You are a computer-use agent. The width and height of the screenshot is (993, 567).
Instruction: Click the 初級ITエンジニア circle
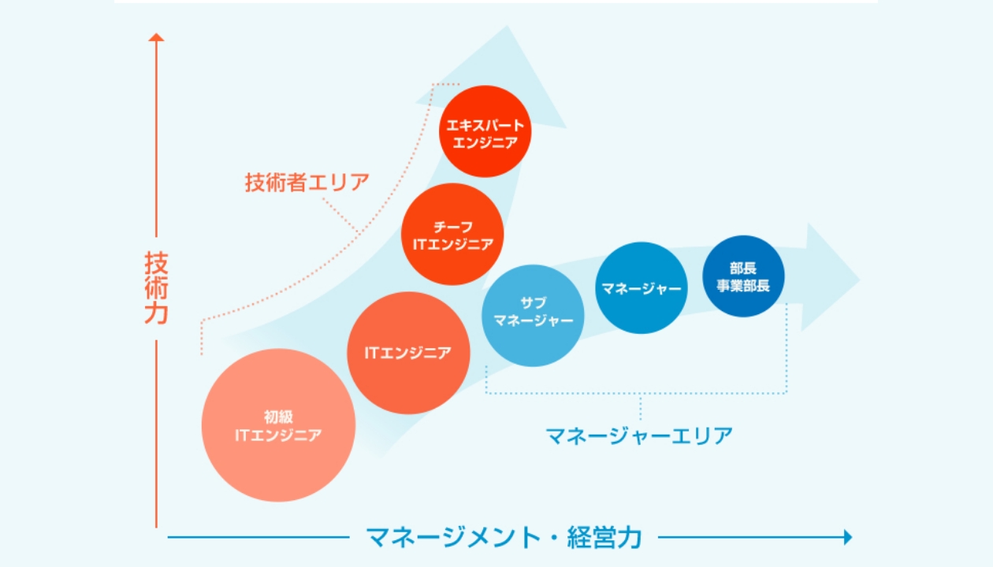pos(278,425)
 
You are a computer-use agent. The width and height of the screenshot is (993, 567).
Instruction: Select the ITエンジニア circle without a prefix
pos(408,353)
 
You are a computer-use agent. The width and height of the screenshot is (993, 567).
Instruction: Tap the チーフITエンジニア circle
pos(452,234)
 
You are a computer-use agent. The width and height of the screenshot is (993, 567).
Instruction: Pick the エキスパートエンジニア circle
pos(485,132)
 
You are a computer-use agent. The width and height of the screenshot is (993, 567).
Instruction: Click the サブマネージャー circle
pos(533,315)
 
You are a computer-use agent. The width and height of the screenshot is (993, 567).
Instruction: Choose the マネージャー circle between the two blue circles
pos(642,287)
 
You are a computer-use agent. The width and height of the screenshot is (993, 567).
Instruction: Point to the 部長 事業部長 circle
pos(743,276)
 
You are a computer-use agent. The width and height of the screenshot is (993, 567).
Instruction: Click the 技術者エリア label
pos(307,183)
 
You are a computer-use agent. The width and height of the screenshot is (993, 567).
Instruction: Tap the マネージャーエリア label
pos(639,435)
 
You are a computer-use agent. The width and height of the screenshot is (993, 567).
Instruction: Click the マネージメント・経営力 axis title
pos(504,537)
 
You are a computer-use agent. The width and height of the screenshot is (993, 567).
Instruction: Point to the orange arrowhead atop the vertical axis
pos(157,36)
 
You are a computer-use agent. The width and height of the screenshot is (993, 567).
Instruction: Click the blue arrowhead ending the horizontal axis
pos(848,537)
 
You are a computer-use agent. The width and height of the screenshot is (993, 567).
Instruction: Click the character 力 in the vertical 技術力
pos(157,313)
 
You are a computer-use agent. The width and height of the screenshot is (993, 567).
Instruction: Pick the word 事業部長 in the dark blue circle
pos(743,285)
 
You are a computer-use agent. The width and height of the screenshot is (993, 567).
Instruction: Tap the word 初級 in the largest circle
pos(278,417)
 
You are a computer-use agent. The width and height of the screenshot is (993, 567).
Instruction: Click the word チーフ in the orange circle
pos(452,226)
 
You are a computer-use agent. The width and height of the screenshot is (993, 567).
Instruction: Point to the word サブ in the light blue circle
pos(533,303)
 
